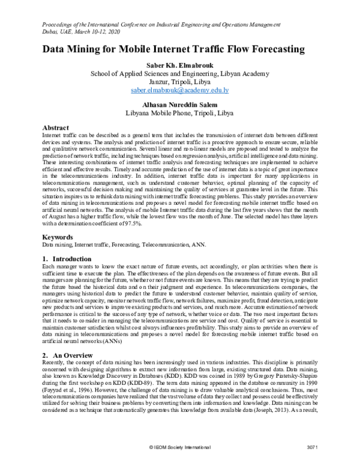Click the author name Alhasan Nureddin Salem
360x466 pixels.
(180, 103)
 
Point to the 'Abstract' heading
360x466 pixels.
(56, 128)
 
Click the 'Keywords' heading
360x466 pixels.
(59, 237)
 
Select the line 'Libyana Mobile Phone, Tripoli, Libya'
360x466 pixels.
(180, 112)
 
